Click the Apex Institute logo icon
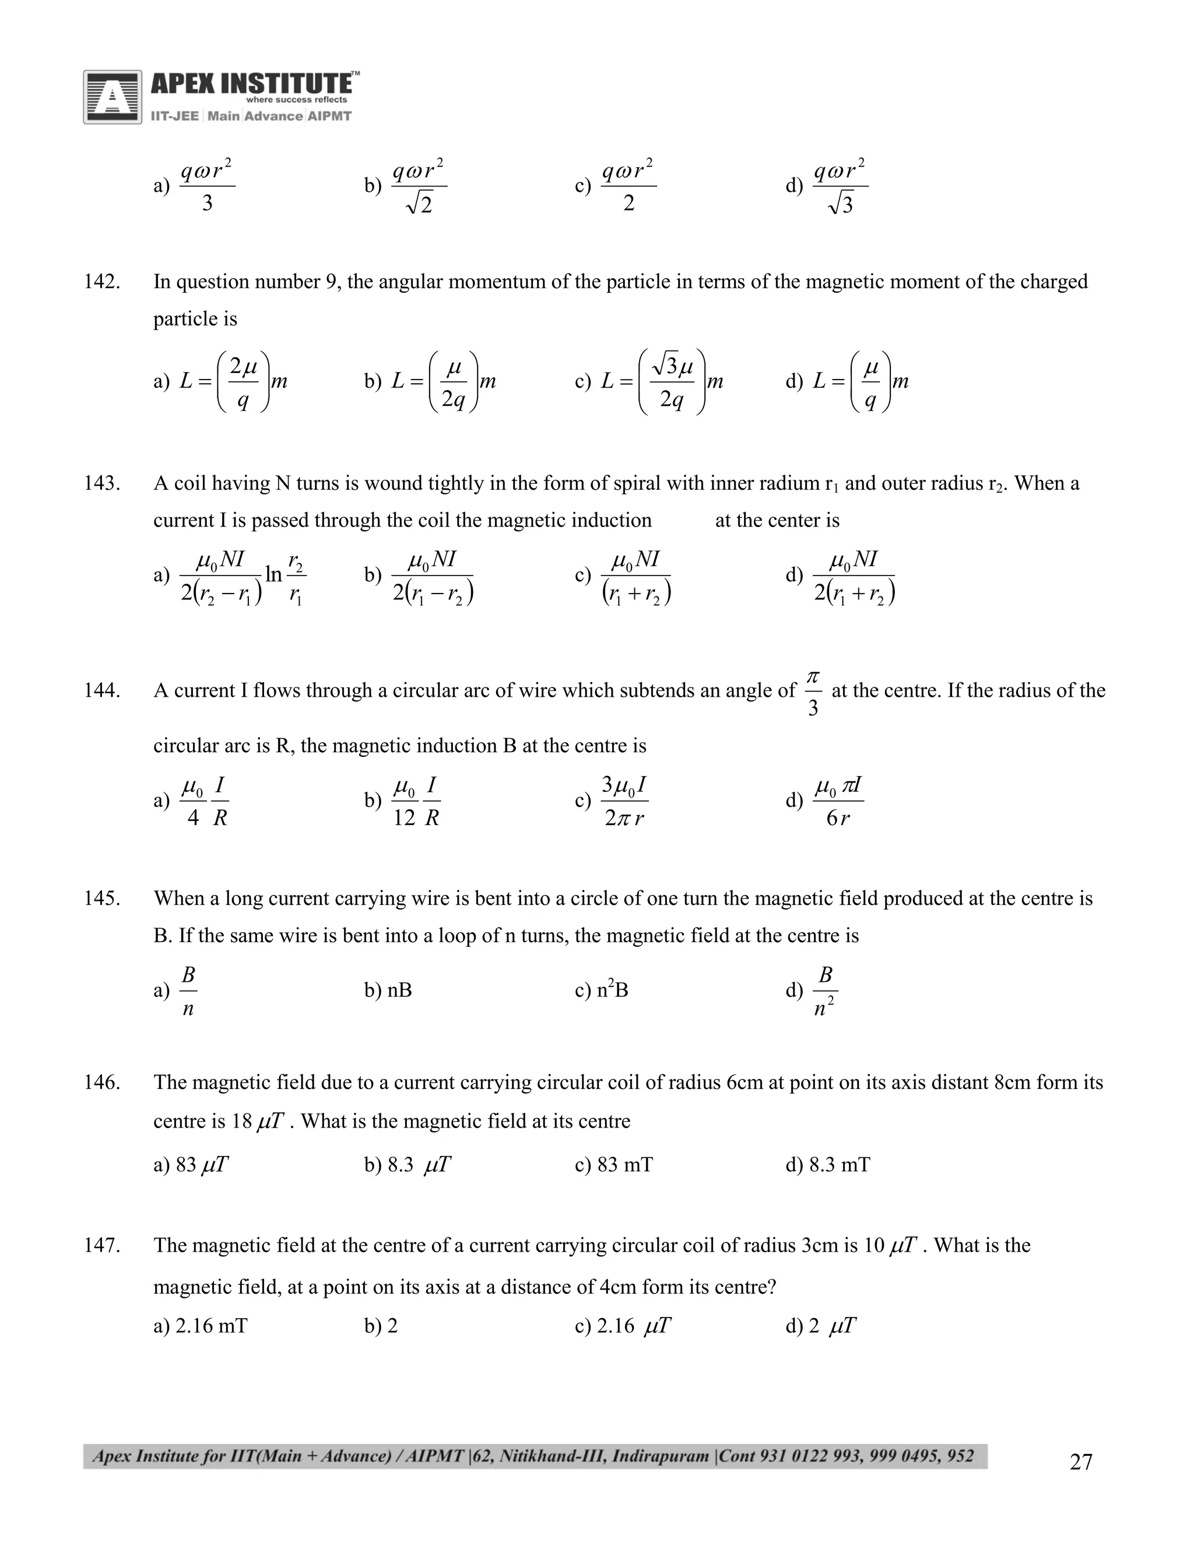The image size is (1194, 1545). tap(111, 97)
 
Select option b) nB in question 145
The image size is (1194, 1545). tap(388, 990)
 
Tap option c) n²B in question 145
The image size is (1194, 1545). tap(601, 990)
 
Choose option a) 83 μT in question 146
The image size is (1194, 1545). tap(190, 1164)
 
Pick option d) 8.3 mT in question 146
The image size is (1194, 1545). tap(828, 1164)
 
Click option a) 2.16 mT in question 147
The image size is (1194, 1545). tap(200, 1326)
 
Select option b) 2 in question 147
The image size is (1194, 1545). tap(381, 1326)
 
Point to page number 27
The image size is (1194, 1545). tap(1081, 1462)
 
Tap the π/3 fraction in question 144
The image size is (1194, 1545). tap(813, 691)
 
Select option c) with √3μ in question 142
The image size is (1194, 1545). tap(649, 381)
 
